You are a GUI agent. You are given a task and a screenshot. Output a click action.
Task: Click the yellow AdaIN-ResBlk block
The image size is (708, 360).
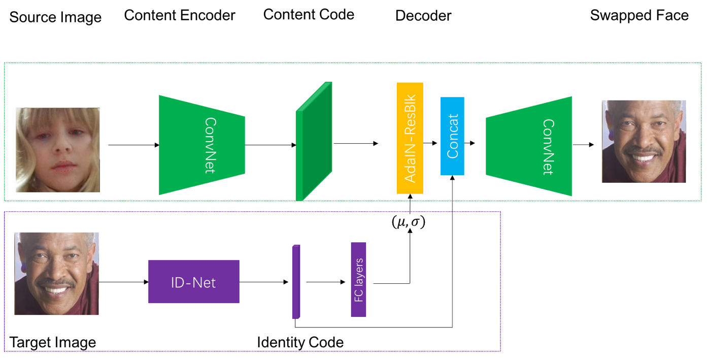pyautogui.click(x=410, y=138)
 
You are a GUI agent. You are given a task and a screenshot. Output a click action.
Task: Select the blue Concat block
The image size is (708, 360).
pyautogui.click(x=452, y=136)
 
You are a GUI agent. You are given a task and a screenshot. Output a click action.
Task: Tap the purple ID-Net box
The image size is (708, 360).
pyautogui.click(x=193, y=281)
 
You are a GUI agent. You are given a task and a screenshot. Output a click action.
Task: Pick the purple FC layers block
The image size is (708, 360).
pyautogui.click(x=358, y=279)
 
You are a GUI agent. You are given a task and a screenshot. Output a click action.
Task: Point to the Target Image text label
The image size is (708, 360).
pyautogui.click(x=53, y=342)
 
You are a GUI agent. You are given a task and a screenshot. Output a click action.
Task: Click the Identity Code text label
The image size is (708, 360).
pyautogui.click(x=300, y=342)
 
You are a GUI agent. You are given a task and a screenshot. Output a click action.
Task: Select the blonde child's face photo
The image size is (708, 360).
pyautogui.click(x=57, y=149)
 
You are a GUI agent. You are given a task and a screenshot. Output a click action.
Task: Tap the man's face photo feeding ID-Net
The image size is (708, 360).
pyautogui.click(x=56, y=274)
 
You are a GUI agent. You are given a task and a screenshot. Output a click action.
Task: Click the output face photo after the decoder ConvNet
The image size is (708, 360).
pyautogui.click(x=644, y=141)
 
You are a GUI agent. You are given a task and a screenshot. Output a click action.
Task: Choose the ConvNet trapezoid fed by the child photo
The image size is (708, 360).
pyautogui.click(x=201, y=145)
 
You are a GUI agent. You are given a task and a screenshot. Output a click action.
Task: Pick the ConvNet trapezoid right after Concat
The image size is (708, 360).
pyautogui.click(x=529, y=146)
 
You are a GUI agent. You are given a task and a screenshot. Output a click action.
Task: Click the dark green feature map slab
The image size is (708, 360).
pyautogui.click(x=313, y=143)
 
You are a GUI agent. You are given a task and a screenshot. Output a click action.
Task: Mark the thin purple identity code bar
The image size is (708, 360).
pyautogui.click(x=296, y=282)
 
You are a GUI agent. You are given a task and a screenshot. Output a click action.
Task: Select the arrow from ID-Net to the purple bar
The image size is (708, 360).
pyautogui.click(x=265, y=282)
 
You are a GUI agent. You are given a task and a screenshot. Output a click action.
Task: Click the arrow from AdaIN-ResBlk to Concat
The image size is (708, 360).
pyautogui.click(x=430, y=143)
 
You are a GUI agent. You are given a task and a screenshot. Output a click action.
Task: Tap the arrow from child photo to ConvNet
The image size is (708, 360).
pyautogui.click(x=133, y=145)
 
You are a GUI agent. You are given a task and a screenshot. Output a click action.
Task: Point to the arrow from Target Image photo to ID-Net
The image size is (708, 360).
pyautogui.click(x=123, y=282)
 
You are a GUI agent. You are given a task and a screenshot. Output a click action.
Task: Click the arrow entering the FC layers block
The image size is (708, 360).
pyautogui.click(x=325, y=282)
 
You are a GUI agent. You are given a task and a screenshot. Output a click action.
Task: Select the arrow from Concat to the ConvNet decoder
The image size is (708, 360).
pyautogui.click(x=470, y=143)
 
